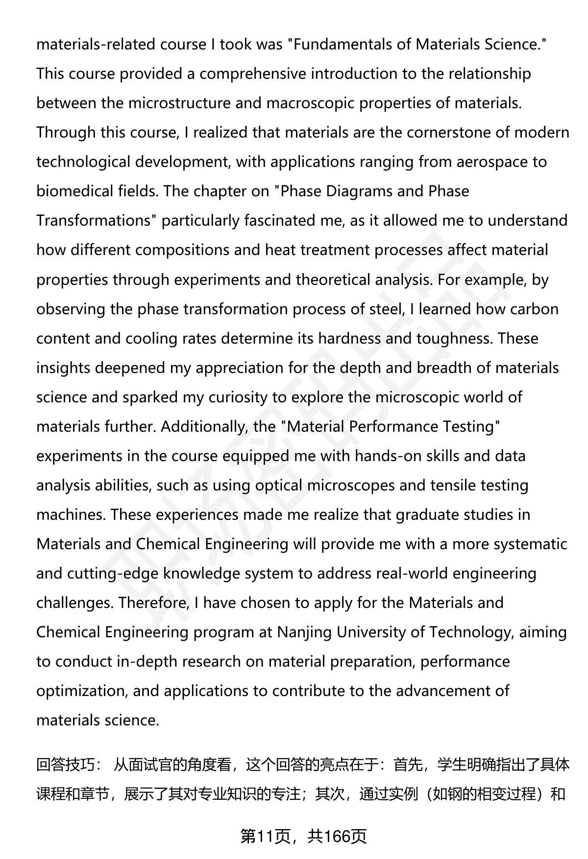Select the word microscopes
point(351,486)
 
